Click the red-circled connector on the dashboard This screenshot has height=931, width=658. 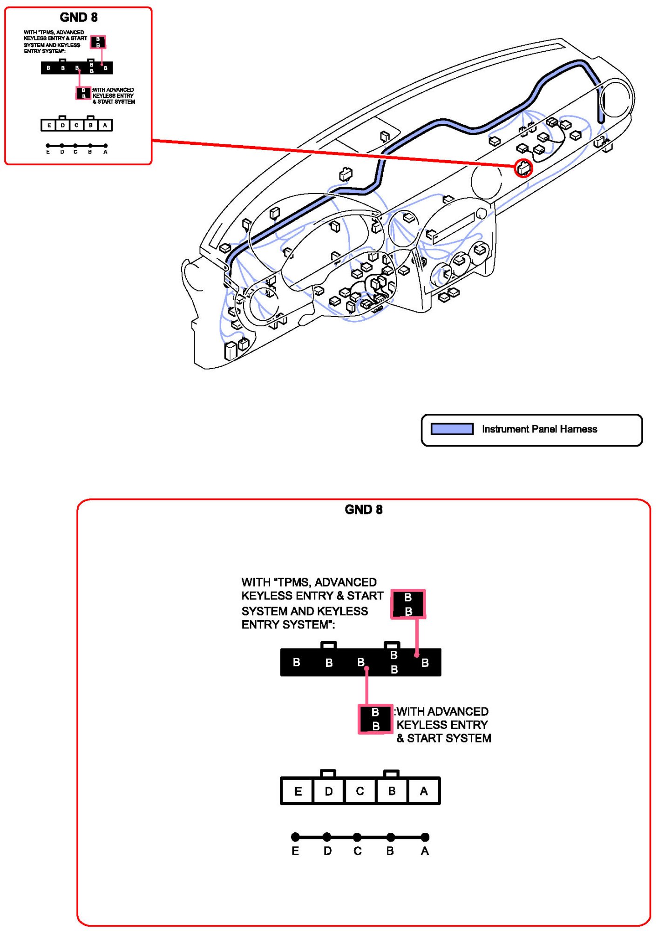tap(523, 168)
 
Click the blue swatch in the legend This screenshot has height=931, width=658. tap(452, 429)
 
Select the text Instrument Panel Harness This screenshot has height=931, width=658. tap(539, 429)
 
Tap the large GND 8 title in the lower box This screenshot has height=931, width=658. tap(364, 510)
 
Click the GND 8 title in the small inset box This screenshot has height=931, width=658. tap(79, 18)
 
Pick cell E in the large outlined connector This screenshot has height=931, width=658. tap(298, 791)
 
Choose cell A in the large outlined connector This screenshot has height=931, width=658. tap(424, 791)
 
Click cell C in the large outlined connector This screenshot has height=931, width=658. tap(360, 791)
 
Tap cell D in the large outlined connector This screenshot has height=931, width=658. tap(329, 791)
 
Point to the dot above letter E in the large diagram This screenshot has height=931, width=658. tap(295, 837)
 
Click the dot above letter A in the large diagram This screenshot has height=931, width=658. tap(425, 837)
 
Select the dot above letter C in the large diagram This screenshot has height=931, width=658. tap(357, 837)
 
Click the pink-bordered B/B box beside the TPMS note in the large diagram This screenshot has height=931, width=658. tap(408, 604)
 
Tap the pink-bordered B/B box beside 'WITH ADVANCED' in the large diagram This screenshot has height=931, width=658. tap(375, 719)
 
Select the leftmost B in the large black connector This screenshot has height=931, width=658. tap(297, 662)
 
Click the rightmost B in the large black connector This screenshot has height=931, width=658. tap(425, 663)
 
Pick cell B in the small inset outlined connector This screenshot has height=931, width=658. tap(91, 125)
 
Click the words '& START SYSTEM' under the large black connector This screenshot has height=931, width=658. tap(444, 738)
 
